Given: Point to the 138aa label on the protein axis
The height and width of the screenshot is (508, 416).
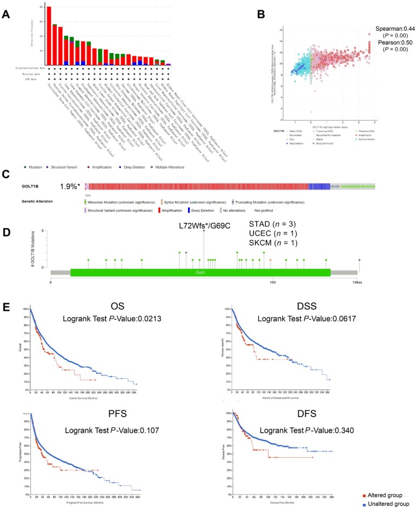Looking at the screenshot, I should (357, 283).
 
